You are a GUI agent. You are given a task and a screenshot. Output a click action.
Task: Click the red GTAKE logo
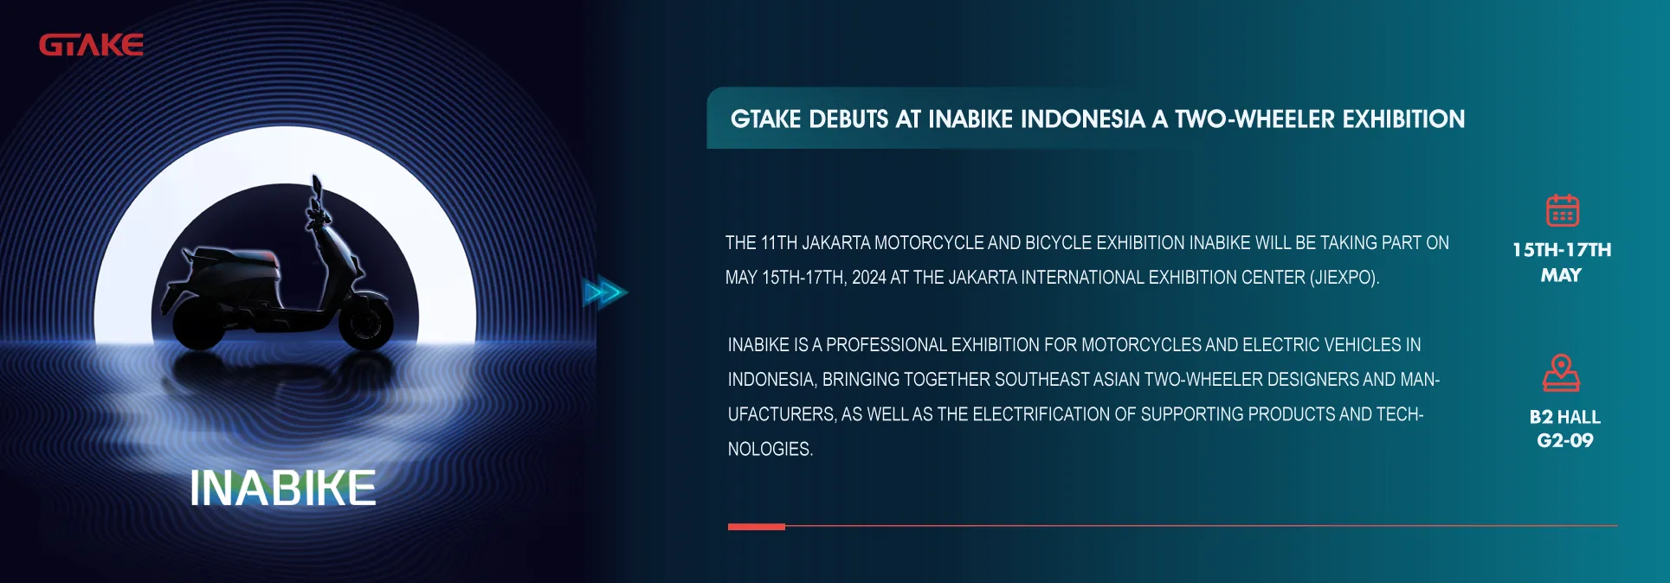pos(91,45)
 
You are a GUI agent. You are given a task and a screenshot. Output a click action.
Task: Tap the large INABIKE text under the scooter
pos(283,488)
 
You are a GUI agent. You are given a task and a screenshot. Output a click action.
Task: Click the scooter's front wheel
pos(365,321)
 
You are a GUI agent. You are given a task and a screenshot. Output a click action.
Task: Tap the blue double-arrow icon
pos(605,292)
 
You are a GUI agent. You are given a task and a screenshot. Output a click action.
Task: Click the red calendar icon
pos(1563,210)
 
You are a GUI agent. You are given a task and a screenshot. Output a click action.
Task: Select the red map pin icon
pos(1562,373)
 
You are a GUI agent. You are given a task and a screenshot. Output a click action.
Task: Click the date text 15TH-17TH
pos(1562,250)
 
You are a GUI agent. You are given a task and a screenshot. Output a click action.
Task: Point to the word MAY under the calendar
pos(1561,275)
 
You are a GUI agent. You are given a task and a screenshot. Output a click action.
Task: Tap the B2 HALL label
pos(1564,417)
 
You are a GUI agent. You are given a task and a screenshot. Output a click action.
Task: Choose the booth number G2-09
pos(1564,440)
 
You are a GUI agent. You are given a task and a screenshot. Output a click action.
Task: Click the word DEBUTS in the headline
pos(848,119)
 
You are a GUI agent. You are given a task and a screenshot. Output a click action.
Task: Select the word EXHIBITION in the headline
pos(1403,119)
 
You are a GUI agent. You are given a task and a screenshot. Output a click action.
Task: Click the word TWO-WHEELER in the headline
pos(1255,119)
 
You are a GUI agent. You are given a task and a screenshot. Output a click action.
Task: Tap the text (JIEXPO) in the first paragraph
pos(1344,278)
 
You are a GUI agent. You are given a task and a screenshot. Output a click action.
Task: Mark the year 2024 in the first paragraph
pos(868,278)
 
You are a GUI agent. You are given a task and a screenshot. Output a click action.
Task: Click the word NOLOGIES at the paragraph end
pos(770,449)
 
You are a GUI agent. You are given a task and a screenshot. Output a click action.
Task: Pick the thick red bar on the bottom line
pos(757,526)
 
